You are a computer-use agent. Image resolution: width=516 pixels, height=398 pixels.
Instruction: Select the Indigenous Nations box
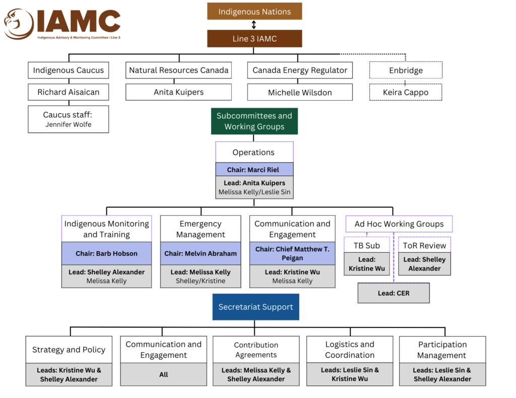(x=254, y=12)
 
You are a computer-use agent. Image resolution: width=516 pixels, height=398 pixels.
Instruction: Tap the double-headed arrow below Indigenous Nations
(x=254, y=25)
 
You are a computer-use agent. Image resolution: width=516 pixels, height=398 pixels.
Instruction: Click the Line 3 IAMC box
(x=254, y=39)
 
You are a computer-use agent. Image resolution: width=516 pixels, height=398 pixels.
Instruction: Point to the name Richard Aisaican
(x=69, y=92)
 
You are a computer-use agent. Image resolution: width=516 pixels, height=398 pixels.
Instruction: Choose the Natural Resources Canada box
(x=178, y=70)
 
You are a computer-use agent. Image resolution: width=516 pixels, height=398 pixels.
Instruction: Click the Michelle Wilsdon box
(x=300, y=93)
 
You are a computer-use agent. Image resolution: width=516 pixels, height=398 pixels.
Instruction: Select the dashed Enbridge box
(x=406, y=70)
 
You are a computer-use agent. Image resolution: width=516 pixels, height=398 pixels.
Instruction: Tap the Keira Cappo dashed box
(x=406, y=93)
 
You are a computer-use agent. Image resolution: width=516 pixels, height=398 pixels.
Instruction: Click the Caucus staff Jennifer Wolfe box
(x=69, y=119)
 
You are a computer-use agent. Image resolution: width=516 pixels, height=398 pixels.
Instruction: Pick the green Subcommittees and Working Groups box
(x=254, y=121)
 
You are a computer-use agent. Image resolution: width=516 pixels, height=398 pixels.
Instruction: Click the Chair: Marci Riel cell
(x=254, y=170)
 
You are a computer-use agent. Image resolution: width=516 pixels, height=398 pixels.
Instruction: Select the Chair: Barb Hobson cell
(x=106, y=254)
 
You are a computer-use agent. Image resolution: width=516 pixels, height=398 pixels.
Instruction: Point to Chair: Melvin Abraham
(x=201, y=254)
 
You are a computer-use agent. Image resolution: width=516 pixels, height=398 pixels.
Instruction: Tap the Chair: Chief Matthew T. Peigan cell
(x=292, y=254)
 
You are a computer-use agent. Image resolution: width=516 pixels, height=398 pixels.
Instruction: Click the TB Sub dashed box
(x=367, y=246)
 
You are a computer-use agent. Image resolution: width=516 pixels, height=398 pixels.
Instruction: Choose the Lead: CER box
(x=394, y=293)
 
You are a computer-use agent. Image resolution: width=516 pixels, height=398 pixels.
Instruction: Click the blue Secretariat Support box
(x=255, y=307)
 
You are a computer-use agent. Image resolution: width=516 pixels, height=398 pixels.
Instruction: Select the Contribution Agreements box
(x=256, y=350)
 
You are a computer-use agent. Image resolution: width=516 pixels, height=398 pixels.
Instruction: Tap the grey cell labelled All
(x=164, y=374)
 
